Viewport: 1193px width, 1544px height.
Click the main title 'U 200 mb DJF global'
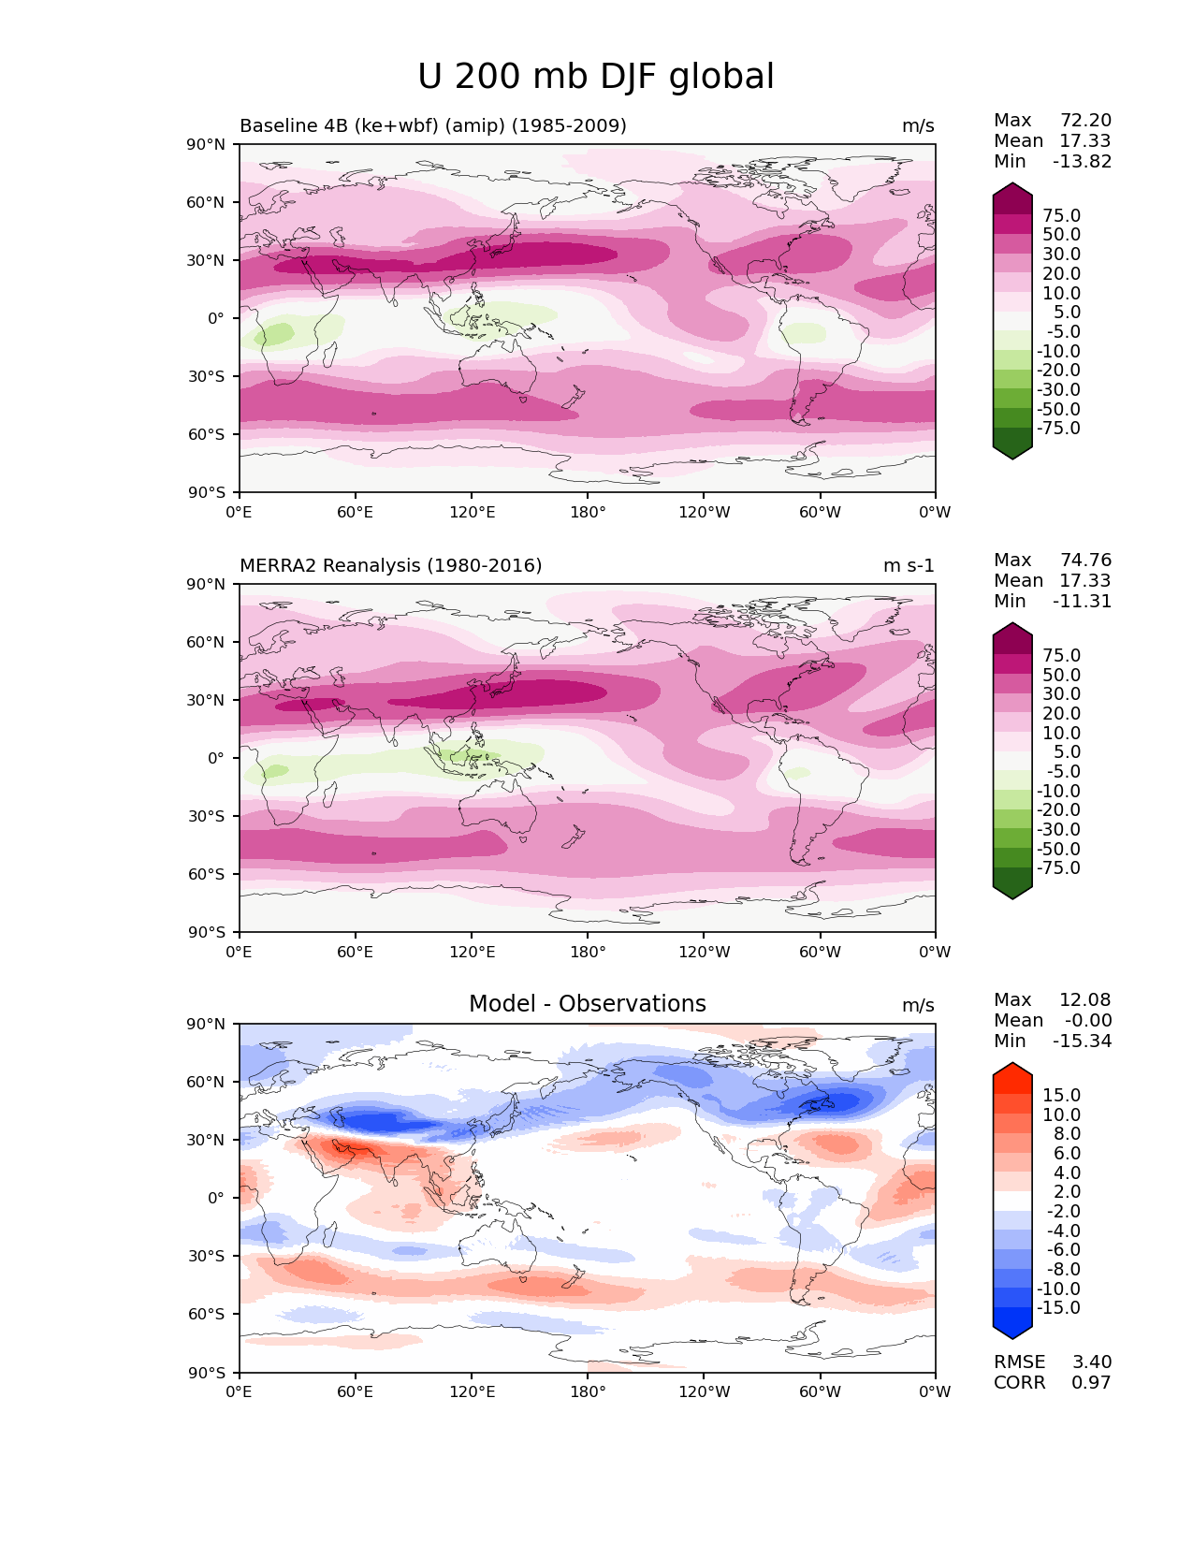point(596,77)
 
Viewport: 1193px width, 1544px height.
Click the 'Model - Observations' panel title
point(587,1004)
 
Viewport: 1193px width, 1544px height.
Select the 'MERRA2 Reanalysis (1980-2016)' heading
point(390,565)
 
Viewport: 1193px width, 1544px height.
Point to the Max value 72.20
point(1085,120)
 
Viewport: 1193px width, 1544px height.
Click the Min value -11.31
point(1082,601)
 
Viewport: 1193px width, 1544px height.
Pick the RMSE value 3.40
point(1091,1362)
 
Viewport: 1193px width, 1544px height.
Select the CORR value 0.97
point(1091,1382)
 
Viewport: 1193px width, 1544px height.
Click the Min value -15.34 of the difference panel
point(1082,1041)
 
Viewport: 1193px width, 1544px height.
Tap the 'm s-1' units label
point(909,565)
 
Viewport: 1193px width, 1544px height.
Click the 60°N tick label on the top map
point(206,202)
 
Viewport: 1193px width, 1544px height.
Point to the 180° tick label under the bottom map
point(588,1391)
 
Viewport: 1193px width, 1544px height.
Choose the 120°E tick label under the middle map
point(472,952)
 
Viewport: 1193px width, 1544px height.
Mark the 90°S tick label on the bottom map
point(207,1373)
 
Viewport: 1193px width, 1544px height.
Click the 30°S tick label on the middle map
point(207,816)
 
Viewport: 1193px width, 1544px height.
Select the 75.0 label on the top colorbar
point(1061,215)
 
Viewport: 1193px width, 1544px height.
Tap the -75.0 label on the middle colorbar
point(1058,867)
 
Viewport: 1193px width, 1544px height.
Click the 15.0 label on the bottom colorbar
point(1061,1095)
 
